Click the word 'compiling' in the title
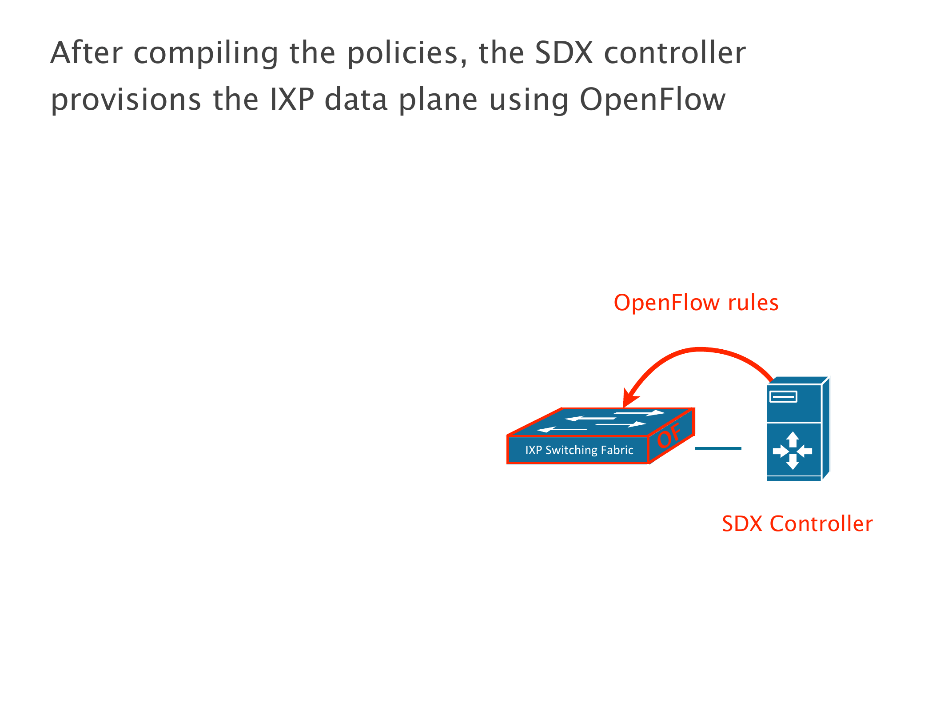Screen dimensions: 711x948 pyautogui.click(x=205, y=53)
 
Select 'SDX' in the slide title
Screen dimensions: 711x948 pyautogui.click(x=563, y=53)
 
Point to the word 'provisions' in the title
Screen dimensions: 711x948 pyautogui.click(x=126, y=100)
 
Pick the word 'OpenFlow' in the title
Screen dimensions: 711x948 pyautogui.click(x=652, y=100)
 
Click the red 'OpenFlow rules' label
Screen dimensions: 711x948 pyautogui.click(x=696, y=303)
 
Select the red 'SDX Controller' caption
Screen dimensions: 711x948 pyautogui.click(x=797, y=524)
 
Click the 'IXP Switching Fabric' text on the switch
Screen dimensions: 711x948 pyautogui.click(x=579, y=450)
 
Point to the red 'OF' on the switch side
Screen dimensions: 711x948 pyautogui.click(x=669, y=435)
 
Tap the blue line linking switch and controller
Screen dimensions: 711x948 pyautogui.click(x=718, y=448)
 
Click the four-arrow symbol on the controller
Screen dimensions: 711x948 pyautogui.click(x=792, y=451)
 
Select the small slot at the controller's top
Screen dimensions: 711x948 pyautogui.click(x=783, y=396)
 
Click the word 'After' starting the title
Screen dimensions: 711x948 pyautogui.click(x=86, y=53)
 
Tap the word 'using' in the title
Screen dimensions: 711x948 pyautogui.click(x=529, y=100)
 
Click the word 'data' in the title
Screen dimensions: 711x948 pyautogui.click(x=356, y=100)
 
